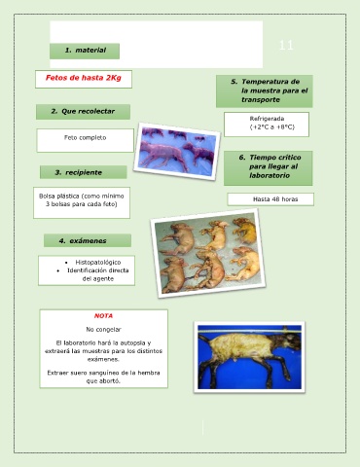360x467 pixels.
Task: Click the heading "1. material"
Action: pos(85,51)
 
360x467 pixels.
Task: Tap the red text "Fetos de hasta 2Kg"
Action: pos(84,78)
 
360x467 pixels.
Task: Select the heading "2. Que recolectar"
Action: pos(83,112)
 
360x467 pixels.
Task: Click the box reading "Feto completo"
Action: pos(85,140)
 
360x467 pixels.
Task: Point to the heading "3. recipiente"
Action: pos(84,172)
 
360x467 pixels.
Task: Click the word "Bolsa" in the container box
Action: pos(47,197)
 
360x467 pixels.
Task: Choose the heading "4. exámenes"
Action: pos(88,240)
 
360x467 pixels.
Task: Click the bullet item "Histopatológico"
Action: pos(98,262)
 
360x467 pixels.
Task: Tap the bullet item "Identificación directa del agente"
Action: pos(98,274)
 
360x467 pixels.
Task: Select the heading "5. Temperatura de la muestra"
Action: pos(265,90)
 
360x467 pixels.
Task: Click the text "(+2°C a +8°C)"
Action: pos(272,127)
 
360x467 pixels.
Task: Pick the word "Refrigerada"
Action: pos(267,119)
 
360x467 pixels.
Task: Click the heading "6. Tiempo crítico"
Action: pos(269,166)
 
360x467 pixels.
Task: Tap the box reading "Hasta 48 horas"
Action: pos(270,199)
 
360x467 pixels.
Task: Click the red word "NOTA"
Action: pos(103,316)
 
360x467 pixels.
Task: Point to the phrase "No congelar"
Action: pos(103,330)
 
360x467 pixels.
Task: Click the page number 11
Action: pos(286,45)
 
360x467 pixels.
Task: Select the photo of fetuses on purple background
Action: pos(177,152)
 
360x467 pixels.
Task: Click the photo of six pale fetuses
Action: pos(208,253)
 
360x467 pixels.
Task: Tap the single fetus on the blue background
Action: pos(249,357)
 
